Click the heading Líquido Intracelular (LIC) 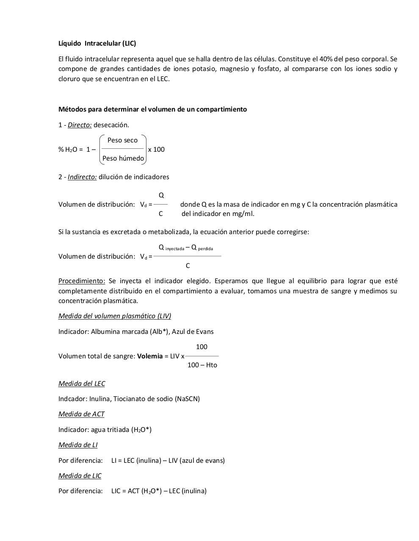(x=97, y=44)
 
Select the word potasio (x=204, y=69)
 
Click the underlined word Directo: (x=80, y=125)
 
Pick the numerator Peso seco (x=122, y=140)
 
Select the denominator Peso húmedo (x=123, y=158)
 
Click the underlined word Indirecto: (x=82, y=177)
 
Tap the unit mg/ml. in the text (x=243, y=214)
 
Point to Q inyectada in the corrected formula (x=171, y=248)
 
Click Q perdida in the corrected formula (x=202, y=248)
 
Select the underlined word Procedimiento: (x=82, y=281)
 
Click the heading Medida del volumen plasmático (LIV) (x=115, y=316)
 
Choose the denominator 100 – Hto (x=202, y=365)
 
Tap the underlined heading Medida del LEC (x=82, y=384)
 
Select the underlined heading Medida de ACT (x=81, y=414)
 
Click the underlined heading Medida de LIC (x=80, y=476)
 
